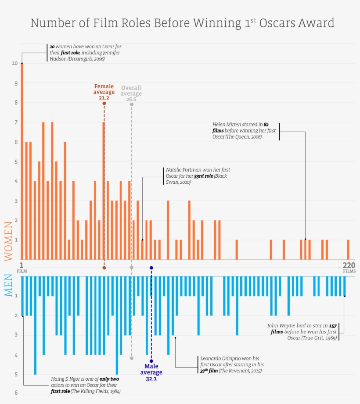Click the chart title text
(x=182, y=23)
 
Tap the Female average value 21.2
(x=104, y=98)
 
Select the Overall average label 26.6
(x=131, y=100)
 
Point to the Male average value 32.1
(x=151, y=378)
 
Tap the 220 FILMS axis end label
(x=349, y=267)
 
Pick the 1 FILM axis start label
(x=21, y=267)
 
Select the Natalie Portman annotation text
(x=198, y=175)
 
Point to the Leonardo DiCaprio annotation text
(x=231, y=365)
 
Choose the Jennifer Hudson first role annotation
(x=84, y=53)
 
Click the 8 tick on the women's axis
(x=15, y=103)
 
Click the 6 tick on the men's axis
(x=15, y=393)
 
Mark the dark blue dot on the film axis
(x=151, y=268)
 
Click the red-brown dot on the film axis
(x=104, y=268)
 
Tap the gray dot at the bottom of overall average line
(x=132, y=358)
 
